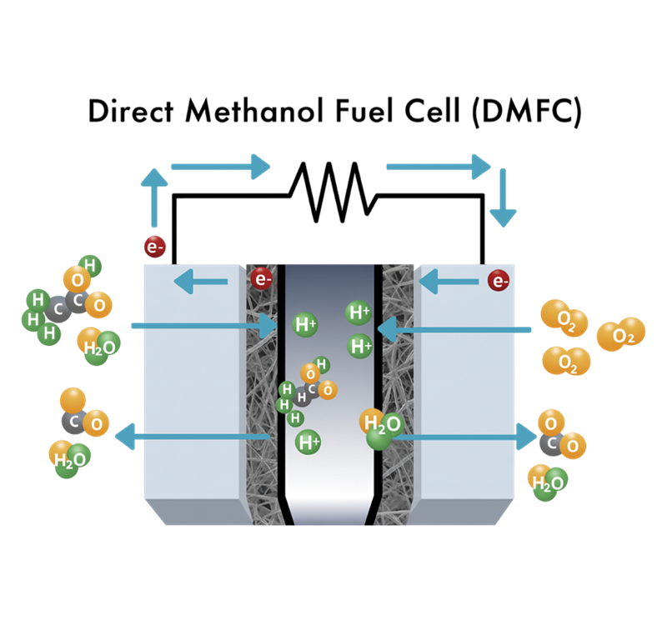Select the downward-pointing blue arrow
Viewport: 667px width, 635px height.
(503, 197)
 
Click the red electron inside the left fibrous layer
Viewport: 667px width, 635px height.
(262, 278)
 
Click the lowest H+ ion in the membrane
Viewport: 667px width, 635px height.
(308, 442)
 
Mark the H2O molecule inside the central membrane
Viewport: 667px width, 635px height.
(378, 428)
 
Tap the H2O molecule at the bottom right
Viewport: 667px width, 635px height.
(548, 482)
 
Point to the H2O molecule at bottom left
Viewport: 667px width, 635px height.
(70, 457)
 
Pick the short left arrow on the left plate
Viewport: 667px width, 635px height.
(200, 282)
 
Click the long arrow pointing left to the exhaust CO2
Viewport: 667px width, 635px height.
(192, 437)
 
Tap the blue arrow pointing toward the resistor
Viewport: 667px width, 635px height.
(221, 167)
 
